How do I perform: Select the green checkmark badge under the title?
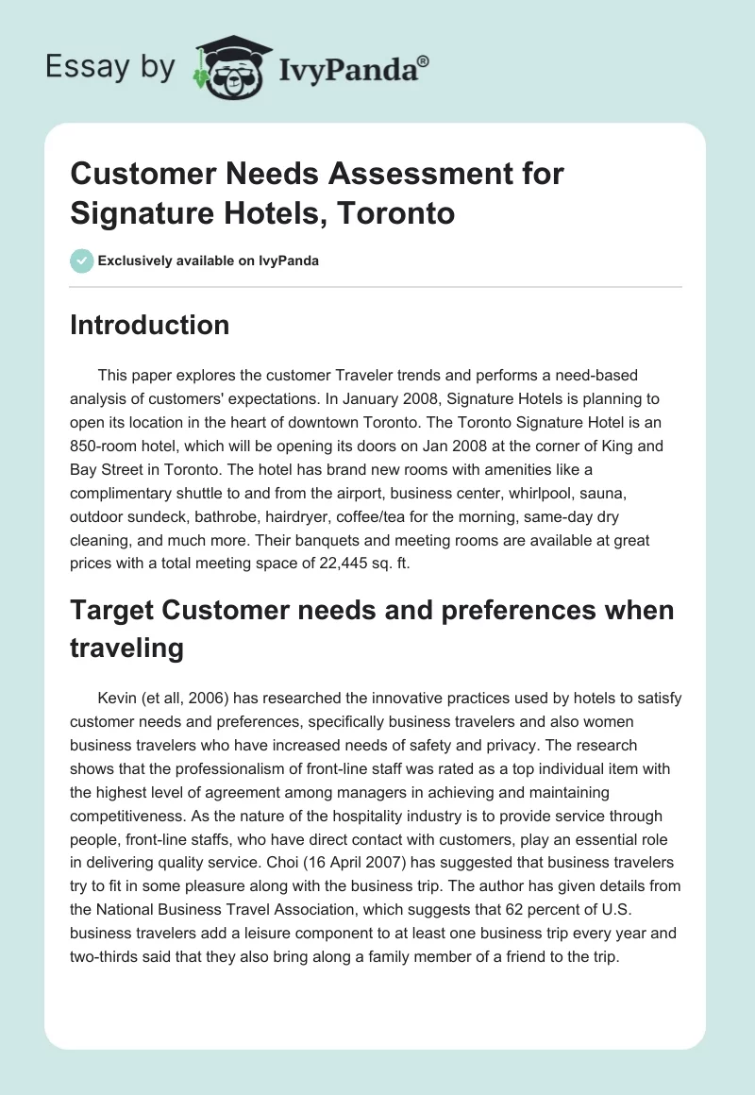click(82, 261)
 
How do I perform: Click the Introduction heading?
click(149, 325)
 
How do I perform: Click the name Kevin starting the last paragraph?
click(118, 699)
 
